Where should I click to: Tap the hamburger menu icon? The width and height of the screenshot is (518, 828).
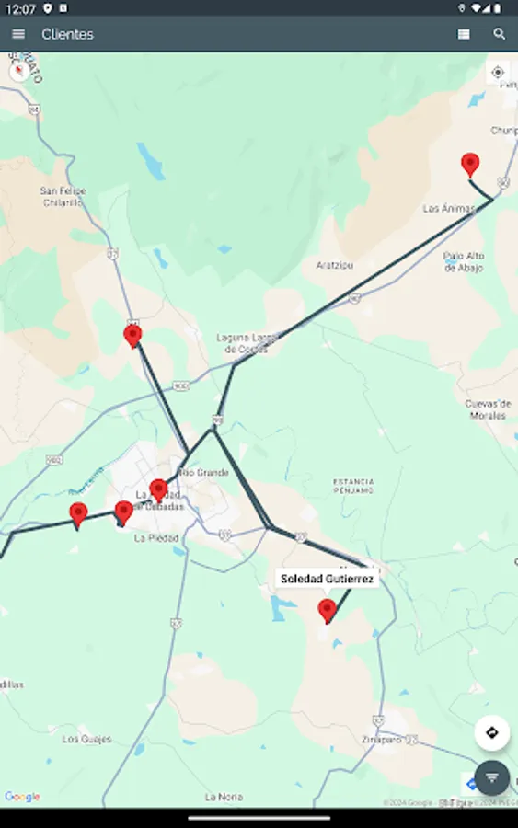click(x=18, y=34)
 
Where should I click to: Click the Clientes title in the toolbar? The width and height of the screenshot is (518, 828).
click(x=67, y=34)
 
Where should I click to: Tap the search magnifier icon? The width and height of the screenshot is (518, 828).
click(x=500, y=34)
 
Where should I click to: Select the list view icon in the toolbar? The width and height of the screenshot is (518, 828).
click(x=464, y=34)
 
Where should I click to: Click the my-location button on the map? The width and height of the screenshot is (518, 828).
click(x=498, y=72)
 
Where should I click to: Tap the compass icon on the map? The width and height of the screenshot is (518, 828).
click(x=19, y=71)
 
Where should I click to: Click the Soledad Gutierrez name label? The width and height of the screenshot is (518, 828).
click(x=327, y=579)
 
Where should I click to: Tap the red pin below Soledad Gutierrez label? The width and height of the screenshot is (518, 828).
click(x=327, y=609)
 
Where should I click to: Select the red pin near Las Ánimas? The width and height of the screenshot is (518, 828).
click(x=470, y=164)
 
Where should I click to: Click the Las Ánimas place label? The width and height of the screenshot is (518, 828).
click(x=449, y=209)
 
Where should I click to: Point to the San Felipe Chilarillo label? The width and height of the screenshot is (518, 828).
click(x=63, y=197)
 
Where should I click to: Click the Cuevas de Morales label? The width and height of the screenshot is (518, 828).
click(x=487, y=409)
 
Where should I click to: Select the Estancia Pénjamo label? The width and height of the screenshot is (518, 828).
click(x=353, y=486)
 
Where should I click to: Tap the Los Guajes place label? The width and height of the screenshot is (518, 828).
click(x=86, y=739)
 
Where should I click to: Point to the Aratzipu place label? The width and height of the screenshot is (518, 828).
click(x=334, y=265)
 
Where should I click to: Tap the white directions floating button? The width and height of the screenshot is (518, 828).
click(x=491, y=732)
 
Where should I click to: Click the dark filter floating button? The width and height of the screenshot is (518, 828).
click(x=491, y=777)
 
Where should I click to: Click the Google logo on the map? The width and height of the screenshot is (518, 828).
click(x=22, y=797)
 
